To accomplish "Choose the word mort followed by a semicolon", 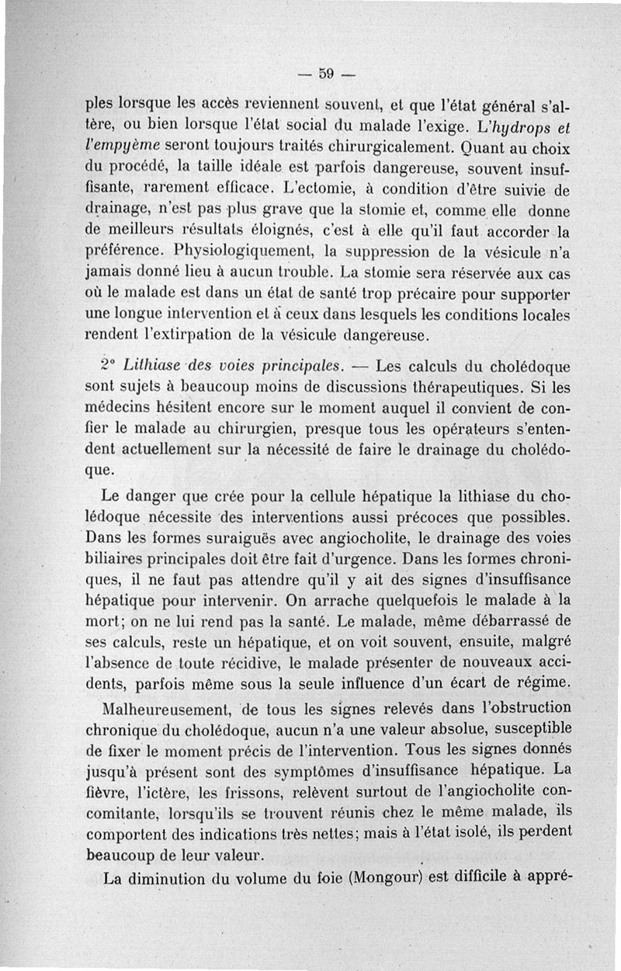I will [x=103, y=622].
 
